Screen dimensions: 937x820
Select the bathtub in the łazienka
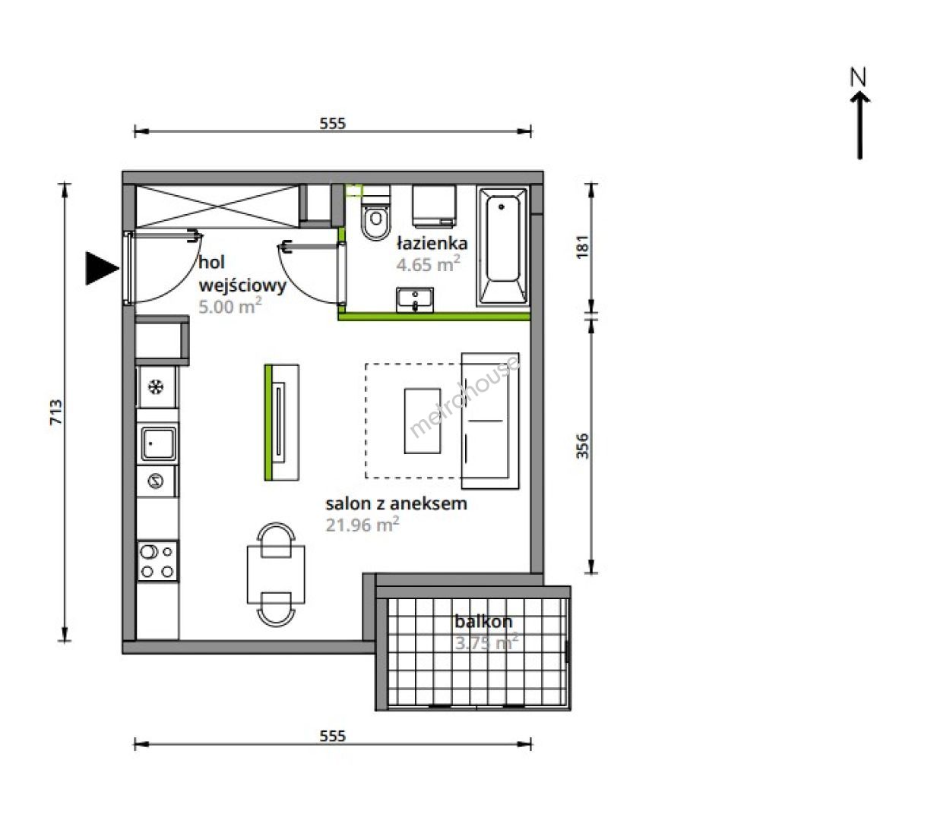(x=502, y=246)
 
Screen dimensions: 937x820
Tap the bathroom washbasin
(x=415, y=300)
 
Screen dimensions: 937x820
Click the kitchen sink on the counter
(x=157, y=443)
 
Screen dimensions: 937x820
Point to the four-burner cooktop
(x=158, y=561)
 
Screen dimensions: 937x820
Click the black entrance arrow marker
(x=102, y=269)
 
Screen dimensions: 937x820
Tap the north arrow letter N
(x=858, y=90)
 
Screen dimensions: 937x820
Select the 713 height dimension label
(x=56, y=412)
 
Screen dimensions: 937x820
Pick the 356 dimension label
(x=581, y=446)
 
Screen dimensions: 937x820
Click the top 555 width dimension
(x=333, y=124)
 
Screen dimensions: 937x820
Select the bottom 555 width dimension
(x=333, y=736)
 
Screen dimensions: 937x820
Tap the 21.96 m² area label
(x=362, y=525)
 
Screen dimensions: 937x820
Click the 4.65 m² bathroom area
(x=428, y=264)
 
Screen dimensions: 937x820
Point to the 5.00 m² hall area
(x=230, y=306)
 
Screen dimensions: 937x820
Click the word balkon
(x=483, y=621)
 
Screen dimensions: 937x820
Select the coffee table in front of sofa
(x=423, y=421)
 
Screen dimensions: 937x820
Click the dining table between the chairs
(x=276, y=574)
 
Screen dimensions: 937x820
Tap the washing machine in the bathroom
(x=434, y=206)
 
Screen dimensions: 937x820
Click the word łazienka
(x=432, y=243)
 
